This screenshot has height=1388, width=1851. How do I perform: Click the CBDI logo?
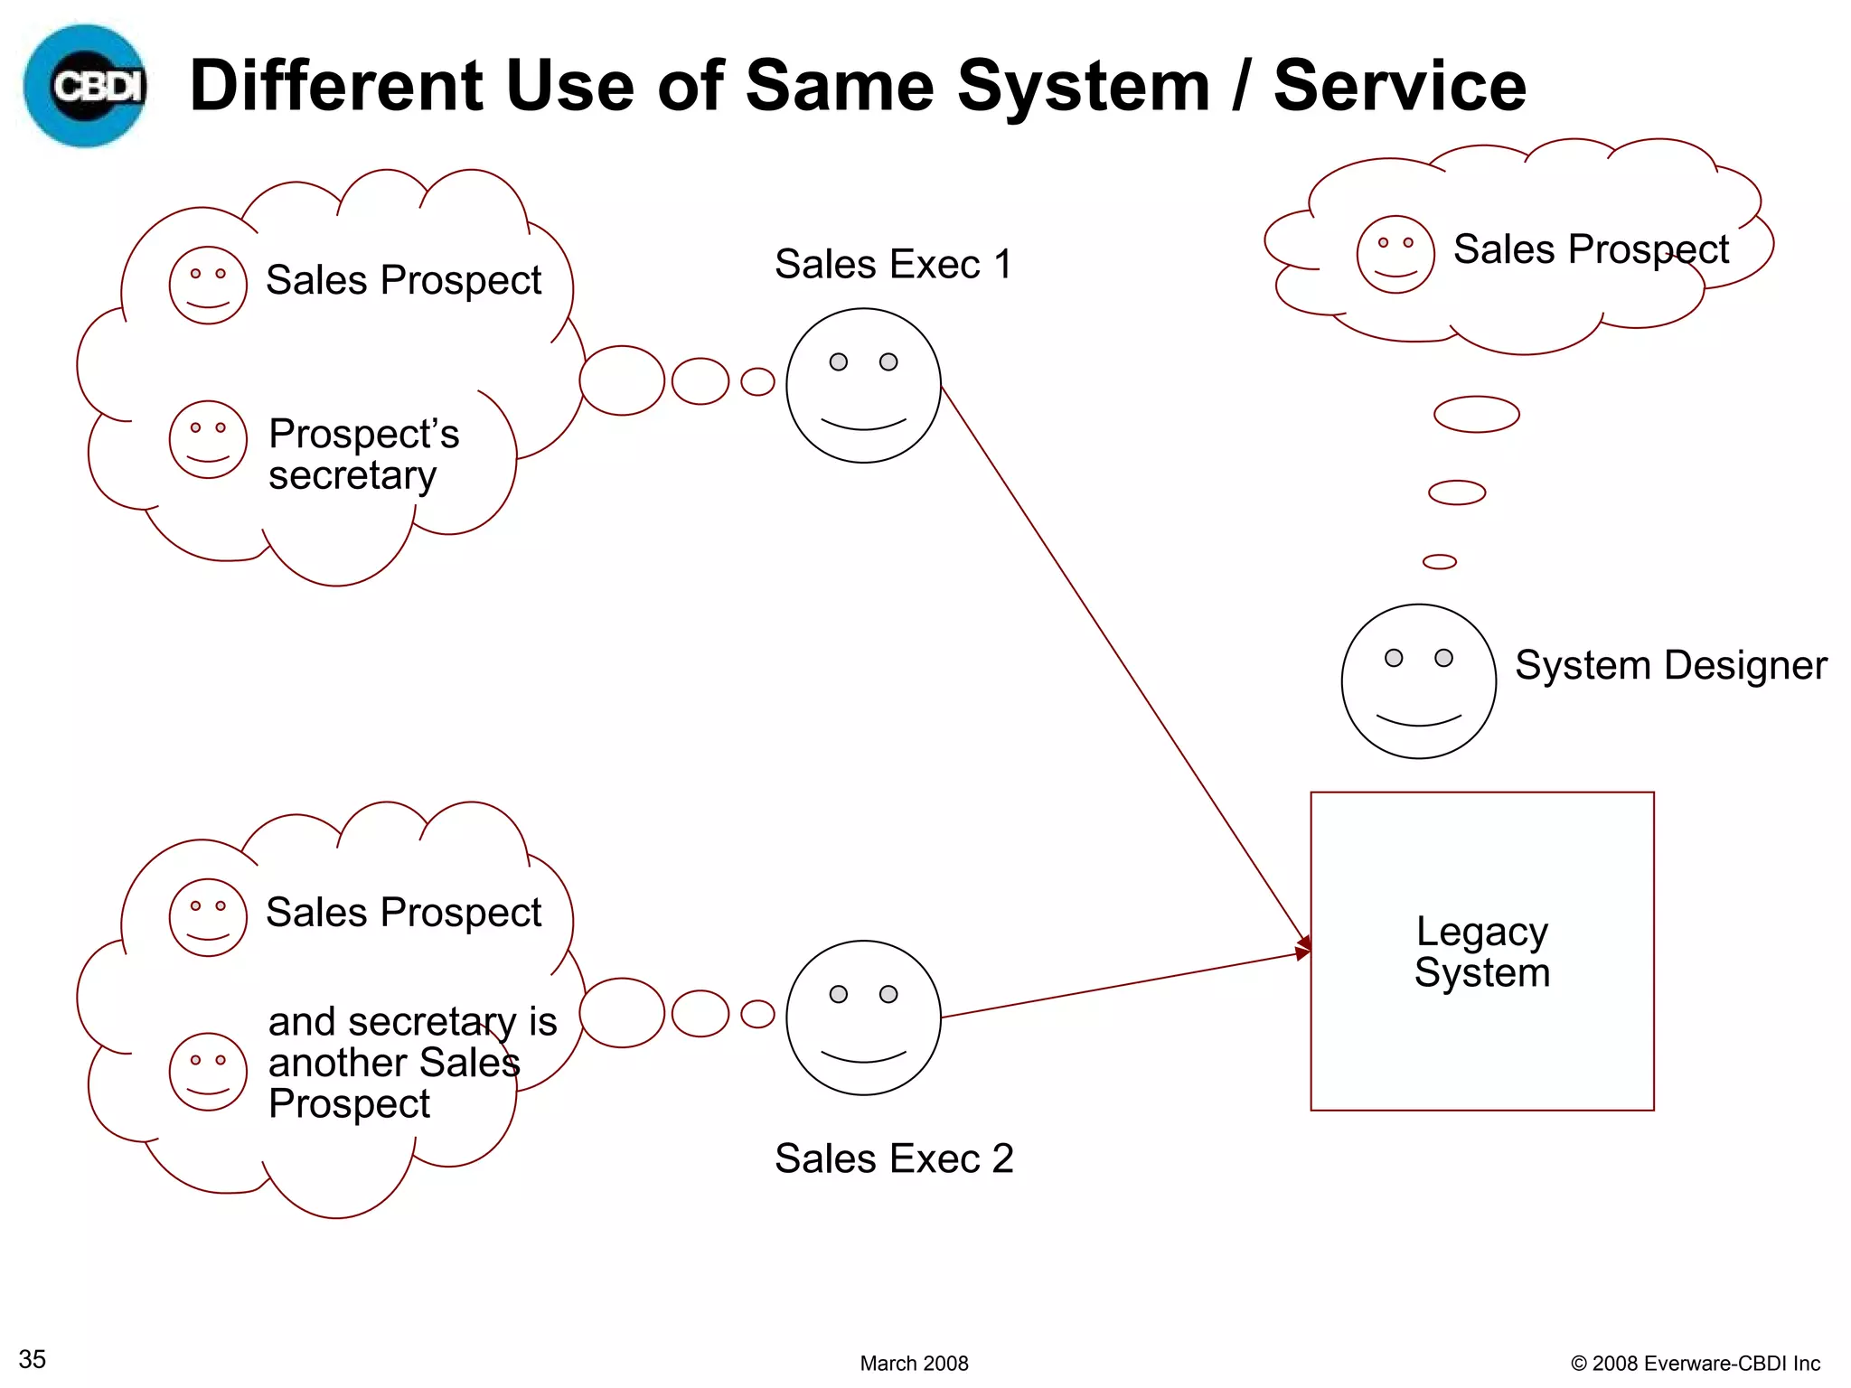coord(85,86)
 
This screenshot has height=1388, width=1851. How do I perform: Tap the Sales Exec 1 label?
coord(893,265)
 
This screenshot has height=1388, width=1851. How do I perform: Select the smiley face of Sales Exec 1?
coord(863,386)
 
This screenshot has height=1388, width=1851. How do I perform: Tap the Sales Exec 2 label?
coord(894,1158)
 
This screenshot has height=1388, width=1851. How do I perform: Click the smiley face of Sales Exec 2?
coord(863,1018)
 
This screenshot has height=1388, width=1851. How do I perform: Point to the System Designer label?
coord(1670,666)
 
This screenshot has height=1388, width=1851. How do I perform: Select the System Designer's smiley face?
coord(1418,681)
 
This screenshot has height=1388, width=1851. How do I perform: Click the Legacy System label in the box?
coord(1482,952)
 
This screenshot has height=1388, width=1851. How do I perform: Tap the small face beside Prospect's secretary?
coord(208,439)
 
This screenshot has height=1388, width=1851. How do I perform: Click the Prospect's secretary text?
coord(363,455)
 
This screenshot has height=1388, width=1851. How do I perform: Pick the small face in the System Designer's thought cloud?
coord(1395,254)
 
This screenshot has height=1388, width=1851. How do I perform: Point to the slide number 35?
coord(33,1359)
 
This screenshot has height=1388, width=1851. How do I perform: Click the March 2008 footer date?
coord(914,1363)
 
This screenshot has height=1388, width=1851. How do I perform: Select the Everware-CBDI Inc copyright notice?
coord(1695,1363)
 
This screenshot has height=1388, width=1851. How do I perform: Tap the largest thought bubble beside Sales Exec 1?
coord(622,380)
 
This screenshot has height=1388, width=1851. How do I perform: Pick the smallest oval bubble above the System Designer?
coord(1439,562)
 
